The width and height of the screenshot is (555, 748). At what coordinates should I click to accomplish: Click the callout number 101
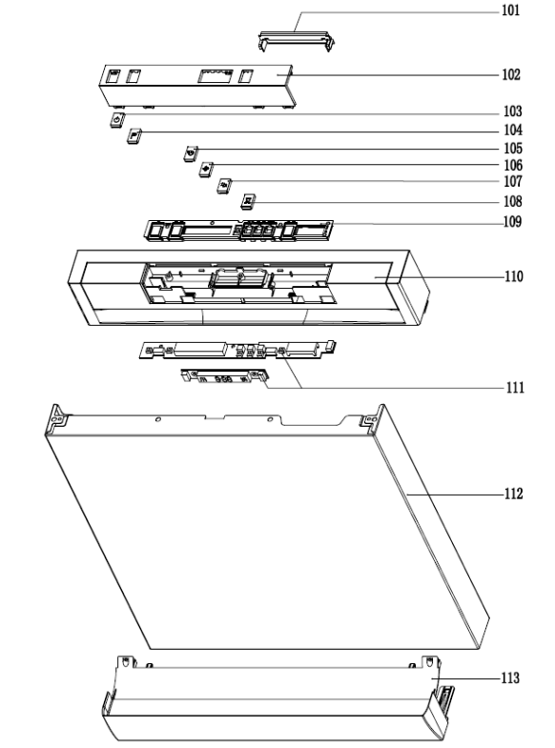point(510,10)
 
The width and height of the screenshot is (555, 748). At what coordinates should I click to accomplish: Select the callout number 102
point(510,75)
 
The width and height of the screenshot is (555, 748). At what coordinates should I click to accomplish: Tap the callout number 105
point(513,149)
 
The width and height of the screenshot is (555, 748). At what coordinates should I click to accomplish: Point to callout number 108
point(513,202)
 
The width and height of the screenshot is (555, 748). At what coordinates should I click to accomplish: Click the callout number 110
point(514,276)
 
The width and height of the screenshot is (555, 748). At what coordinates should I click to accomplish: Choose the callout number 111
point(515,388)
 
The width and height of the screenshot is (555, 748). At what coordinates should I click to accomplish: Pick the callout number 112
point(513,494)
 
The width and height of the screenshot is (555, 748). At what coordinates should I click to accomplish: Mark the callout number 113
point(510,678)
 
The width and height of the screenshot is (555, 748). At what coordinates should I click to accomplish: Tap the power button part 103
point(117,120)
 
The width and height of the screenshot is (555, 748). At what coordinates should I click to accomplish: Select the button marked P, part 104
point(134,136)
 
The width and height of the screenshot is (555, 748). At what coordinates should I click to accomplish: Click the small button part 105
point(191,153)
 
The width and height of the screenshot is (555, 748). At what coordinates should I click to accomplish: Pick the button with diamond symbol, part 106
point(206,170)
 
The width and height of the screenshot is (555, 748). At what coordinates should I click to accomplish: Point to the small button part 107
point(224,186)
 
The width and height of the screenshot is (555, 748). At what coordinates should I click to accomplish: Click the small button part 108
point(248,201)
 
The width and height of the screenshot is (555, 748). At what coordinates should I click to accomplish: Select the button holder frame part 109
point(238,231)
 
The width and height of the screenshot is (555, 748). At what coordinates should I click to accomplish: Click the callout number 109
point(512,222)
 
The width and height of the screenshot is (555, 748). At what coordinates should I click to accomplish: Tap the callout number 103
point(513,111)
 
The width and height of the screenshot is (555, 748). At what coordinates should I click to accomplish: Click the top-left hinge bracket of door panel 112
point(57,419)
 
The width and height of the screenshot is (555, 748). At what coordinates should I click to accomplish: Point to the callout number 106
point(513,166)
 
